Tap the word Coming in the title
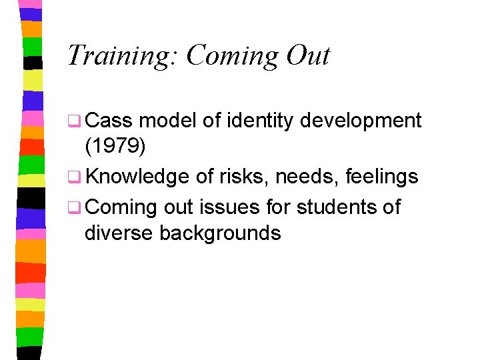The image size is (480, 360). tap(231, 55)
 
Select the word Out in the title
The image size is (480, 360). tap(307, 55)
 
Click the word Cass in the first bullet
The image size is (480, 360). tap(109, 121)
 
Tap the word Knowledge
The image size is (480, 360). tap(137, 177)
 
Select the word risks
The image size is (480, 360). tap(242, 177)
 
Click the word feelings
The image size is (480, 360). tap(382, 177)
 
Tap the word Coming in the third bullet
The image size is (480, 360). tap(121, 207)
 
